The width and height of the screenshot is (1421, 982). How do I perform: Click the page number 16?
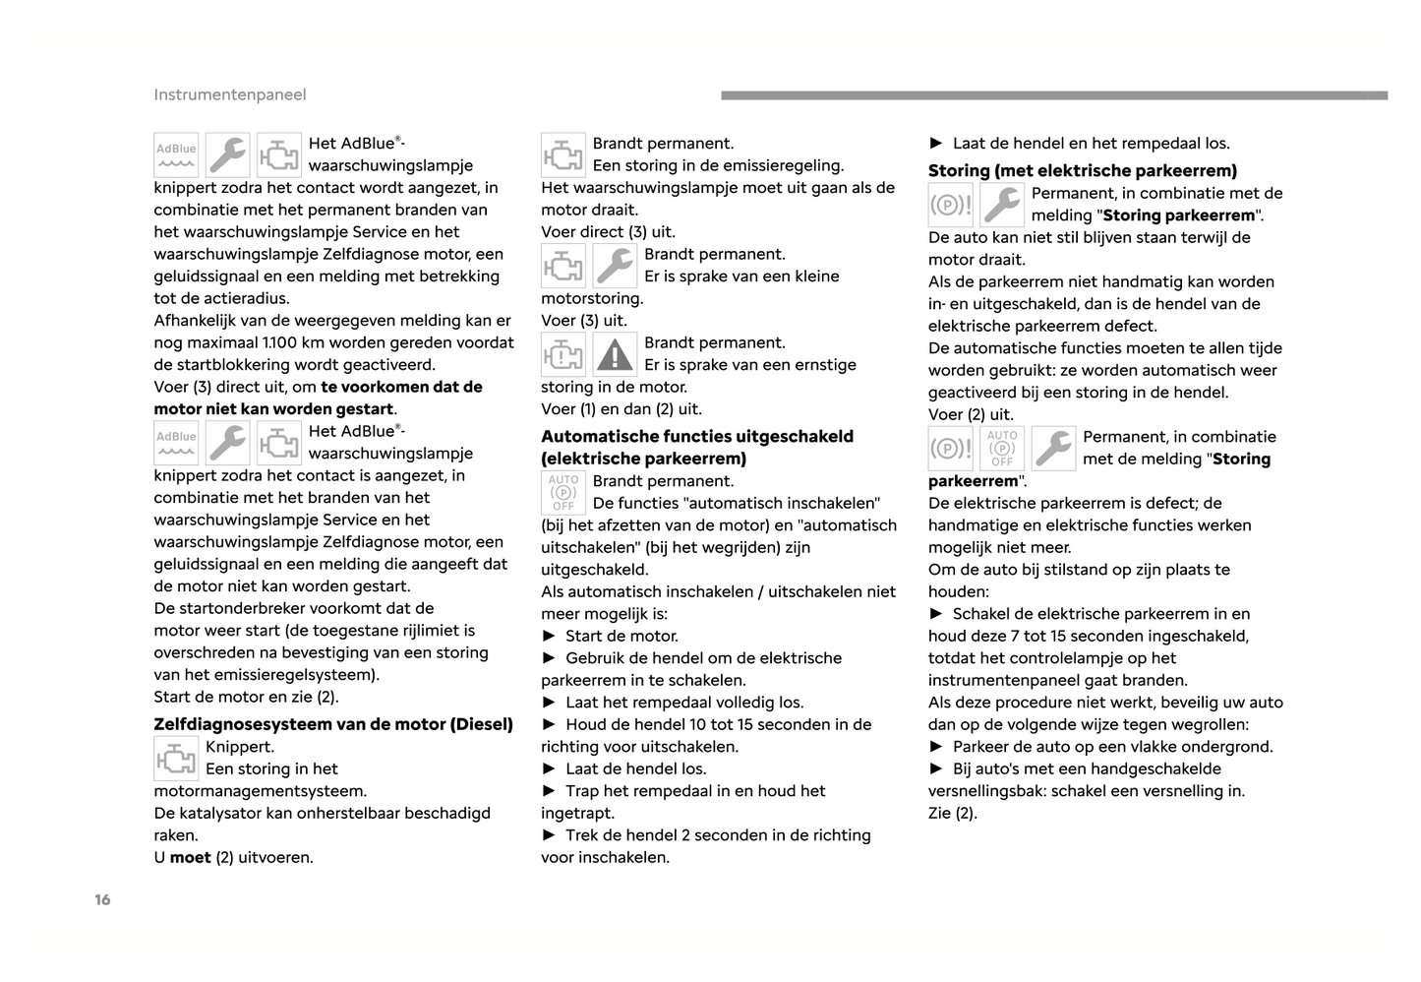pyautogui.click(x=102, y=899)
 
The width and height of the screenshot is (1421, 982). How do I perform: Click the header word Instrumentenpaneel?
pyautogui.click(x=229, y=94)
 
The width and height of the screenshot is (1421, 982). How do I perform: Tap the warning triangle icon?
pyautogui.click(x=615, y=354)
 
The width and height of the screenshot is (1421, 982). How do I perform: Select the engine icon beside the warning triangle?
pyautogui.click(x=562, y=354)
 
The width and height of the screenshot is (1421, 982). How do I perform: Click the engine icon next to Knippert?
pyautogui.click(x=176, y=759)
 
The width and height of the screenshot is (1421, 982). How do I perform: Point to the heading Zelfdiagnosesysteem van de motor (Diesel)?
pyautogui.click(x=333, y=724)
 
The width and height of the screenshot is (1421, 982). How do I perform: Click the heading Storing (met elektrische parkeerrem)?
pyautogui.click(x=1082, y=170)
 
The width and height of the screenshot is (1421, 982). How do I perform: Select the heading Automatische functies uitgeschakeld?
pyautogui.click(x=697, y=436)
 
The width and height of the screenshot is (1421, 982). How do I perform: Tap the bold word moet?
pyautogui.click(x=190, y=857)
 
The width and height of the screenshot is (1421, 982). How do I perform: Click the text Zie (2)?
pyautogui.click(x=952, y=813)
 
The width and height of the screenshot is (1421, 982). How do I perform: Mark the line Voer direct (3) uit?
pyautogui.click(x=608, y=231)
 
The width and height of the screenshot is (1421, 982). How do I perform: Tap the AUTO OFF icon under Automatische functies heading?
pyautogui.click(x=562, y=492)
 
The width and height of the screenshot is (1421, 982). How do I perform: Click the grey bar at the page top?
pyautogui.click(x=1053, y=95)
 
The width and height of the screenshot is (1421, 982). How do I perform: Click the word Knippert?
pyautogui.click(x=239, y=746)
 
